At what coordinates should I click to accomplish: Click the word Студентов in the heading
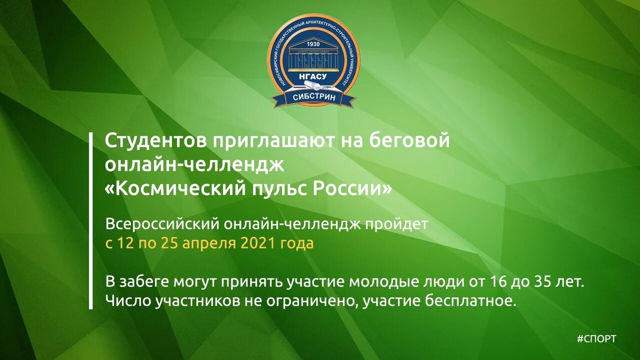pos(154,140)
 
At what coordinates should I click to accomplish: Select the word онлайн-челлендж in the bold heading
pos(194,164)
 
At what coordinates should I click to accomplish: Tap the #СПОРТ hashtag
pos(596,339)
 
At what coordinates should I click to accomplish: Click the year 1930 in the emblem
pos(313,43)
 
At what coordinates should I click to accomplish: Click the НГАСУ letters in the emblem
pos(313,76)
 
